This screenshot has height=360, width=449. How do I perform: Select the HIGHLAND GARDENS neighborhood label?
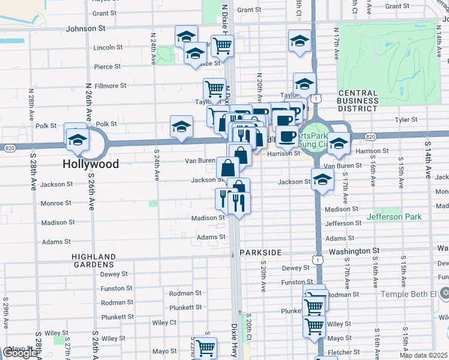[93, 260]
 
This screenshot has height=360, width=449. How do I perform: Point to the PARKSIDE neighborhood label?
[261, 253]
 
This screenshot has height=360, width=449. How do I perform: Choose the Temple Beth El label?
[411, 294]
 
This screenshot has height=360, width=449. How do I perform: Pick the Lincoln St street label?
[108, 47]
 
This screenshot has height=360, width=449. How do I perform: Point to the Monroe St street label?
[56, 203]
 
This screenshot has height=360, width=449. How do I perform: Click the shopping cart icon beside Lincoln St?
[222, 45]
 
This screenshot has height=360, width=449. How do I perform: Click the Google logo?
[19, 353]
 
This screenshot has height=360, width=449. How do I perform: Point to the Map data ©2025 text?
[423, 355]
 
